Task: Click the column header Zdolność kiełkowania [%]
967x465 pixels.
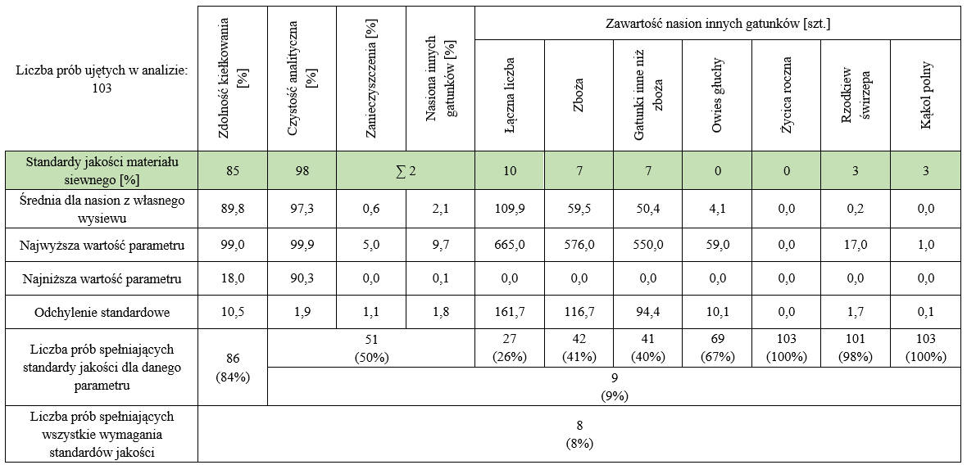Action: click(233, 79)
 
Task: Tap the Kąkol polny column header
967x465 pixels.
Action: click(926, 97)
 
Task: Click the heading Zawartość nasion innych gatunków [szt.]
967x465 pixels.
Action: click(717, 24)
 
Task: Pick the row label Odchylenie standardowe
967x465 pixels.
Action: click(101, 313)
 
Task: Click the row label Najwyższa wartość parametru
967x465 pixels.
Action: click(101, 245)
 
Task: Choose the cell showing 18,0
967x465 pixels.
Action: click(233, 279)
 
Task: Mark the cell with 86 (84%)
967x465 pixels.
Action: click(233, 367)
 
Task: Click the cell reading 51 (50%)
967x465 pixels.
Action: click(371, 348)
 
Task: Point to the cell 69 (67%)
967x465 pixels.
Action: click(717, 348)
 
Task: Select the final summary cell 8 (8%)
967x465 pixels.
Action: click(579, 434)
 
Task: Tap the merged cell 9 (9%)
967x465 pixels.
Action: click(614, 386)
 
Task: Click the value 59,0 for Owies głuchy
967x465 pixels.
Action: click(717, 245)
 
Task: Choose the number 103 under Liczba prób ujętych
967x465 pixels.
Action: click(102, 88)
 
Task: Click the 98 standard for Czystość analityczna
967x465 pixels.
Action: click(302, 172)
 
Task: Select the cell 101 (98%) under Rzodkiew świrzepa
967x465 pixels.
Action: click(856, 348)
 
